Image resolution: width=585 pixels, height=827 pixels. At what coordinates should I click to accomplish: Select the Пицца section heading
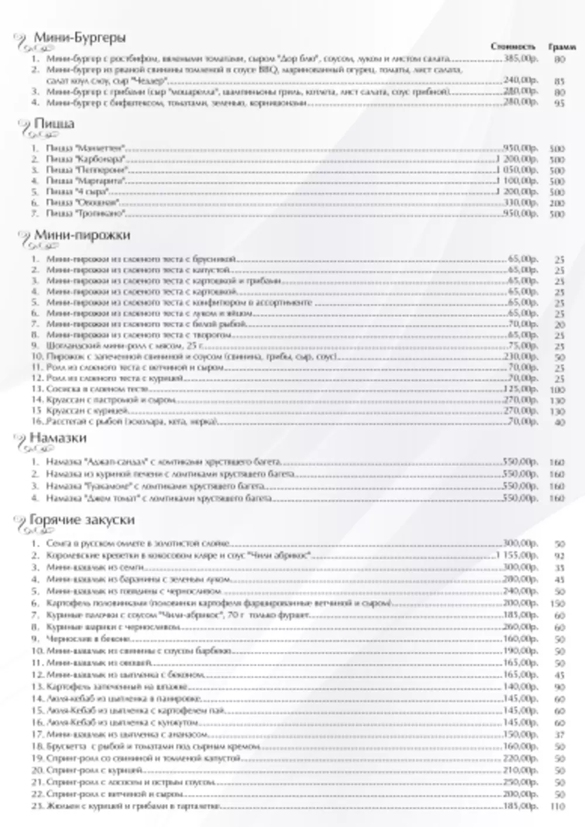click(54, 124)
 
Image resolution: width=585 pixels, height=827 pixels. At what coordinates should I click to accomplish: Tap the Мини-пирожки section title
click(82, 235)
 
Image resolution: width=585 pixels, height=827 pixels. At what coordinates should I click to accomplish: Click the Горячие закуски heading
click(82, 520)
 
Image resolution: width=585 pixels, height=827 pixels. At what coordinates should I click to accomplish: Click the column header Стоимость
click(513, 46)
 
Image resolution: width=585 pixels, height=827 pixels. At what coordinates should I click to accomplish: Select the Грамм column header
click(559, 46)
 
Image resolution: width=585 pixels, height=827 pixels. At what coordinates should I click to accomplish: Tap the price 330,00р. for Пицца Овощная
click(520, 203)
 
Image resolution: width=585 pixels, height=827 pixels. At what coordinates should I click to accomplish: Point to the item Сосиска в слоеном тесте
click(85, 389)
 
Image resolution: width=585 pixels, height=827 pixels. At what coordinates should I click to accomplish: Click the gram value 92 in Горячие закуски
click(559, 556)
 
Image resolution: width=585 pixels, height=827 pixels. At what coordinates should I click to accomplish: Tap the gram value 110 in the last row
click(558, 807)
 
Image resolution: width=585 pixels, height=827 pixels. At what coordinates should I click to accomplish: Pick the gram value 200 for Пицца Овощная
click(558, 203)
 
